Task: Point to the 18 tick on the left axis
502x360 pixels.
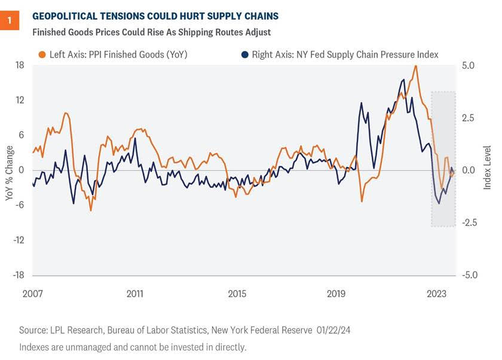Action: [19, 65]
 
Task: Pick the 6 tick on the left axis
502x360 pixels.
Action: [21, 135]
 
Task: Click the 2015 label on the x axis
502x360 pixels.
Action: [237, 294]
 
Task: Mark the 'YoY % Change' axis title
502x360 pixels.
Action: [9, 170]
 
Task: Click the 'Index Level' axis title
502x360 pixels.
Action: [487, 168]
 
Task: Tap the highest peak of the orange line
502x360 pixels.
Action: [415, 66]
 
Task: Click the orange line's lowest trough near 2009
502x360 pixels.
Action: [91, 210]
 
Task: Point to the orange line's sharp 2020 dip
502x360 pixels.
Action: [362, 201]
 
